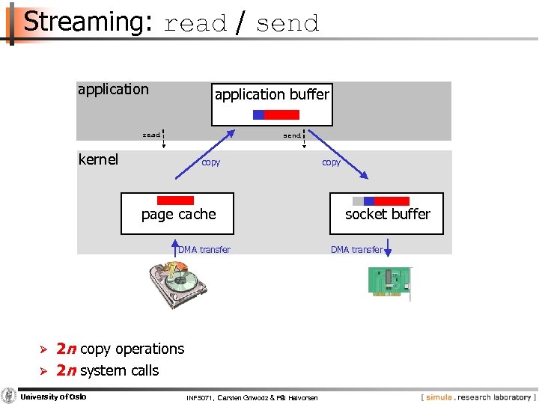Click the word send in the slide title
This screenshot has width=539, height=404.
(287, 24)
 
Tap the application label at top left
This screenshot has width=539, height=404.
(113, 90)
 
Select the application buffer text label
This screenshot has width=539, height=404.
(272, 94)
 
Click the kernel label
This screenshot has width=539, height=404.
(98, 159)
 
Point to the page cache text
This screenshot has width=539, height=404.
(178, 215)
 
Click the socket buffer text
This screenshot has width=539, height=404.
(387, 214)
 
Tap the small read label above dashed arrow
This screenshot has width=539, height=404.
(151, 135)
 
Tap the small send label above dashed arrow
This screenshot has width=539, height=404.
(292, 136)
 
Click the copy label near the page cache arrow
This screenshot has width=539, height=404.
(210, 162)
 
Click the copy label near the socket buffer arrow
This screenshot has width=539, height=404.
(331, 162)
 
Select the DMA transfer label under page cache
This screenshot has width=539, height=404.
(204, 250)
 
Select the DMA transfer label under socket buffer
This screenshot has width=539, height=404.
(356, 250)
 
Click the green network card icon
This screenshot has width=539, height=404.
(389, 283)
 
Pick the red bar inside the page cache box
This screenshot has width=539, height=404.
(175, 201)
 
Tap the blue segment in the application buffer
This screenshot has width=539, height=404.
(258, 114)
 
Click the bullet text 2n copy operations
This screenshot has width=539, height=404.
(120, 349)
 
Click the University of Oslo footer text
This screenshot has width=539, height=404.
(53, 397)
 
